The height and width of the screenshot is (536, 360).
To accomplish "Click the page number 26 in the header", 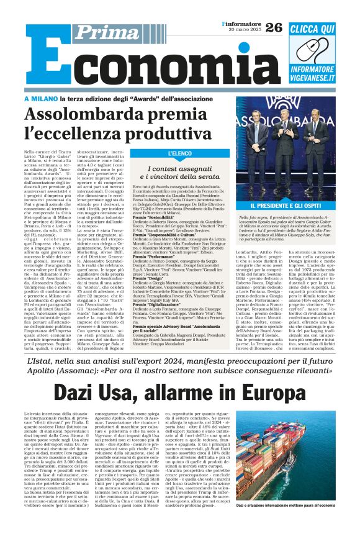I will [x=274, y=27].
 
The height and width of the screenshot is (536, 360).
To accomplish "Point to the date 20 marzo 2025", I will [x=244, y=30].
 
